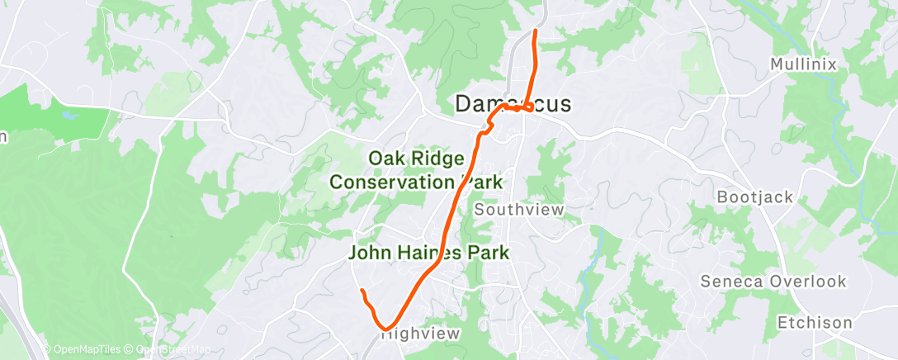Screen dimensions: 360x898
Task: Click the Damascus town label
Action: coord(513,104)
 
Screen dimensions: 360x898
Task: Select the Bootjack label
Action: coord(754,197)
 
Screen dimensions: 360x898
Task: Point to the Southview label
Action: coord(519,210)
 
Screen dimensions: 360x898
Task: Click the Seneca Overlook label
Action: coord(773,282)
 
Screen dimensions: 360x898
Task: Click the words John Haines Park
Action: coord(428,253)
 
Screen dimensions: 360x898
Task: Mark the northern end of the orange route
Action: coord(536,31)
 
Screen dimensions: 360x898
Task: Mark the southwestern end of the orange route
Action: coord(362,291)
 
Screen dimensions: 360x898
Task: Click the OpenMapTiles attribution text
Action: coord(81,349)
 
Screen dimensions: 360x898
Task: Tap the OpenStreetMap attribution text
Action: coord(169,349)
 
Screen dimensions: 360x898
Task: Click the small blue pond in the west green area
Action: coord(67,117)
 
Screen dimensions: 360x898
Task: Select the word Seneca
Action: coord(730,282)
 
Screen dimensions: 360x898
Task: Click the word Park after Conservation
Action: coord(482,181)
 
